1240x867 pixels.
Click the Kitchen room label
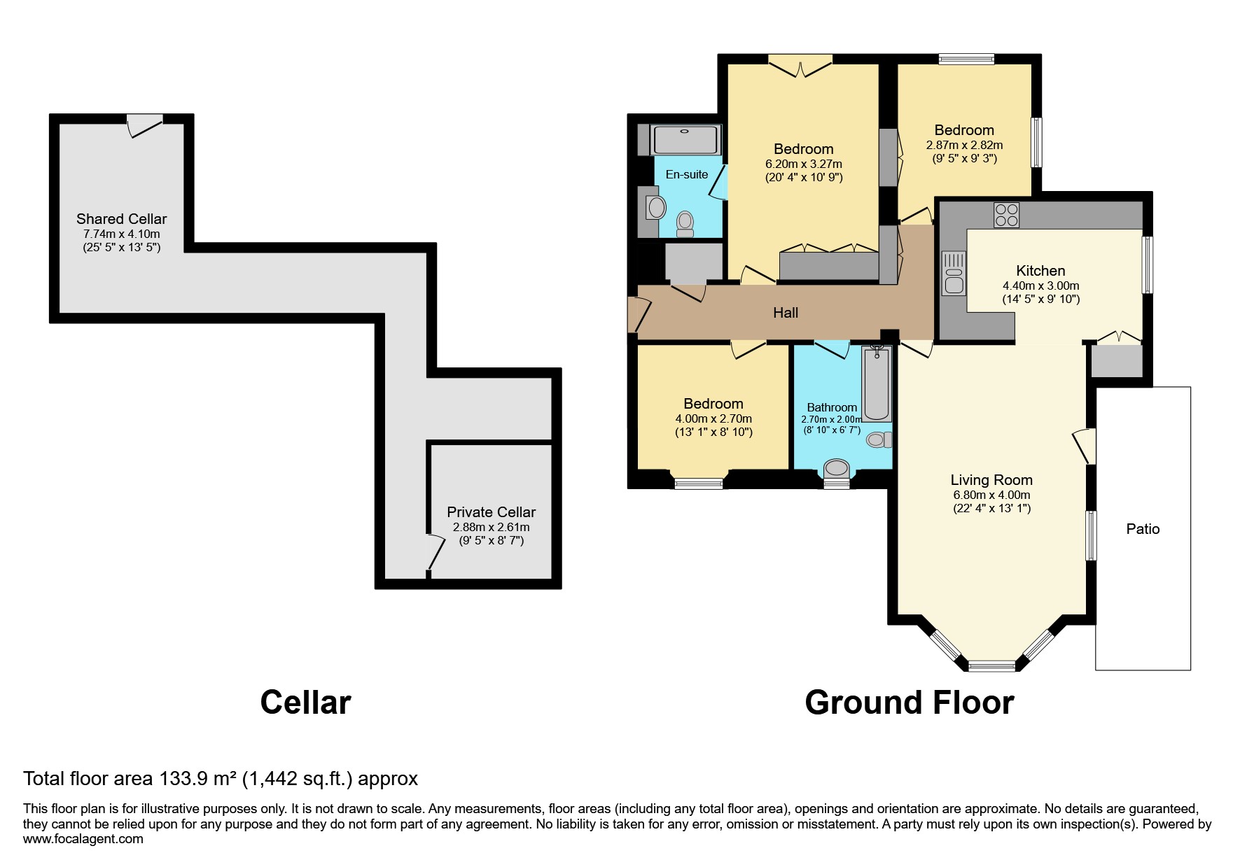(x=1040, y=271)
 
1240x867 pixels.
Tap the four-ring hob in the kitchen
(x=1006, y=215)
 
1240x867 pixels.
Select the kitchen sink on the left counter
(x=953, y=273)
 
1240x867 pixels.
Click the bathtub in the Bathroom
(x=876, y=383)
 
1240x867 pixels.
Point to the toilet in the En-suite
(x=685, y=223)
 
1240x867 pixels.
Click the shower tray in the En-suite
(x=685, y=140)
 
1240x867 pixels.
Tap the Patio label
(x=1143, y=529)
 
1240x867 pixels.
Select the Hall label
(x=785, y=313)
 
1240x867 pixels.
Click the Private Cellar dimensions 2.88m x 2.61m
(x=491, y=527)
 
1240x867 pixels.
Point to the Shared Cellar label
(x=121, y=219)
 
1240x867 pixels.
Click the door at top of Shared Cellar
(x=145, y=125)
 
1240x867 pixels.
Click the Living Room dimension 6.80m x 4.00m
(x=991, y=495)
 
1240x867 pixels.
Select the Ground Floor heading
(x=909, y=703)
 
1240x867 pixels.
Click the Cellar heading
(x=305, y=703)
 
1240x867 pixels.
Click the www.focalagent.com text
(x=83, y=838)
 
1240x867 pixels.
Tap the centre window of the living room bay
(x=991, y=665)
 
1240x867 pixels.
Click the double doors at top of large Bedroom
(x=800, y=66)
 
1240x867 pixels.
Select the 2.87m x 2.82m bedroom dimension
(x=964, y=146)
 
